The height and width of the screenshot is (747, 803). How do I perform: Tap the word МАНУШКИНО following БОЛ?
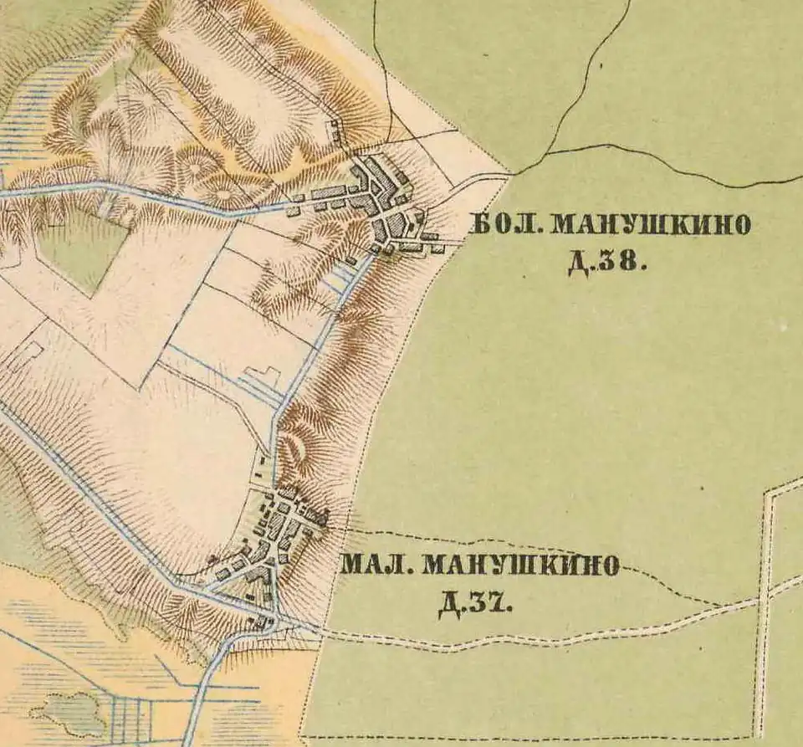point(652,225)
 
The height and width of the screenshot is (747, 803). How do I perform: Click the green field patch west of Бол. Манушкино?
point(84,247)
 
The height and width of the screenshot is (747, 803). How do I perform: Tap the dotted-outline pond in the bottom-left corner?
point(67,712)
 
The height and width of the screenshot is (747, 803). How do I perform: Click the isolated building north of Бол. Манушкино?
point(335,130)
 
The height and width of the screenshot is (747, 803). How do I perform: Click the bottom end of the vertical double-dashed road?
point(758,732)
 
